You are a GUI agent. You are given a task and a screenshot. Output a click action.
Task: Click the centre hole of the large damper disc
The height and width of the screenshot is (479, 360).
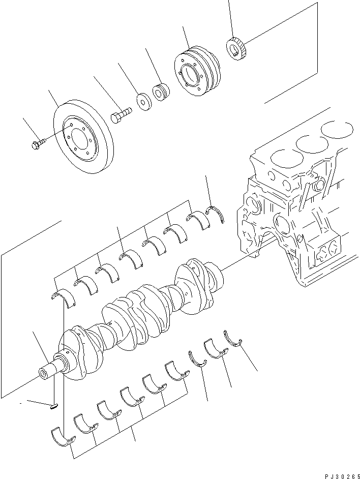(x=79, y=137)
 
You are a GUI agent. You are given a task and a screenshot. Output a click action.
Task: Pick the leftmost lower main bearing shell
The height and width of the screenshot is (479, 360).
(x=62, y=438)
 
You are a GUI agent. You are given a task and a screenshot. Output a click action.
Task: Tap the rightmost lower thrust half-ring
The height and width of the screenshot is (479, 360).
(x=233, y=339)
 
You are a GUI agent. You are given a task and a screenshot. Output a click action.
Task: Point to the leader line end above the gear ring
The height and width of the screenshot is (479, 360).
(x=229, y=2)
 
